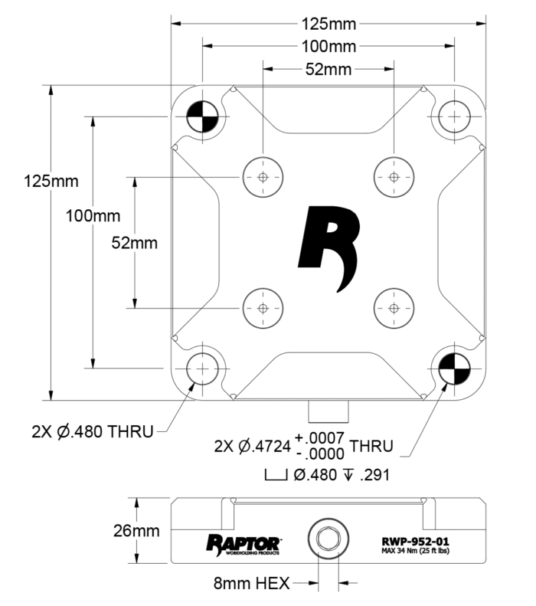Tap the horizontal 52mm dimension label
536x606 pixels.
point(328,70)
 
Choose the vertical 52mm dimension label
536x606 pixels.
point(134,243)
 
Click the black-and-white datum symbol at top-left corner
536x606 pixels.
point(202,117)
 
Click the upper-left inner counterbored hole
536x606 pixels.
point(263,177)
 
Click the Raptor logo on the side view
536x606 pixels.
point(244,542)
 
